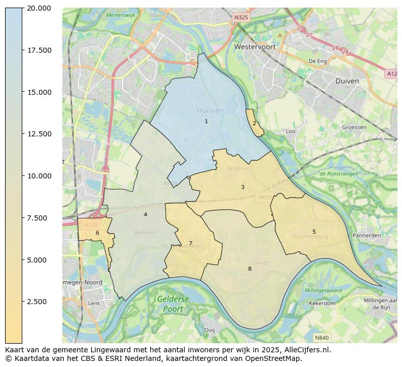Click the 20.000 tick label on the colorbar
(39, 8)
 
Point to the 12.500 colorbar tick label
(39, 134)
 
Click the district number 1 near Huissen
(206, 121)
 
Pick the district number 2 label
(254, 123)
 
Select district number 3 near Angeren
(243, 187)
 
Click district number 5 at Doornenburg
(314, 232)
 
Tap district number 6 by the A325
(97, 233)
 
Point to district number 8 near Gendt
(250, 269)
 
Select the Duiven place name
(347, 81)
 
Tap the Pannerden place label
(367, 236)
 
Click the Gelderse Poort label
(173, 304)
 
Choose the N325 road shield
(241, 18)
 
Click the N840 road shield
(321, 337)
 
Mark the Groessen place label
(354, 127)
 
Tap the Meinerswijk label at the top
(120, 15)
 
